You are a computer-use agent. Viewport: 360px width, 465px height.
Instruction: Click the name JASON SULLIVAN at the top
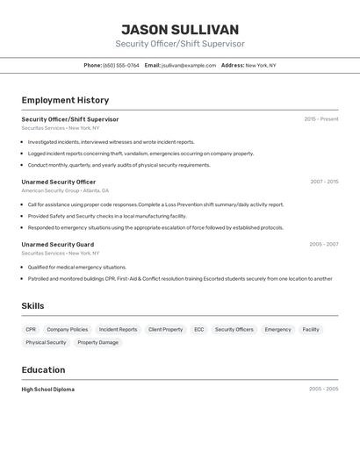tap(180, 30)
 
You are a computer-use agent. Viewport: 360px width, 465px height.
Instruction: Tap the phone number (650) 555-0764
tap(121, 65)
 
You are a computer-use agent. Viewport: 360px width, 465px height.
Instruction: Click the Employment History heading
tap(65, 100)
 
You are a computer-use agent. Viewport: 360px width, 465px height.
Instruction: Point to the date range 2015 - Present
tap(321, 118)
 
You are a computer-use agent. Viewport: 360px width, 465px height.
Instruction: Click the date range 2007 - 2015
tap(324, 182)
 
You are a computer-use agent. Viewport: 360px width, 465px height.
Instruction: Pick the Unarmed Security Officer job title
tap(59, 182)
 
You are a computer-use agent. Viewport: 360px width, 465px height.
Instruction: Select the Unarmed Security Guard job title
tap(58, 244)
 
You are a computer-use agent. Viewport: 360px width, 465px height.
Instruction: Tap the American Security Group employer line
tap(65, 190)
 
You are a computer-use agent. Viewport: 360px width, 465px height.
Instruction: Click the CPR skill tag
tap(31, 329)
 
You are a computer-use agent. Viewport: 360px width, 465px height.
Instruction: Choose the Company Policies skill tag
tap(68, 329)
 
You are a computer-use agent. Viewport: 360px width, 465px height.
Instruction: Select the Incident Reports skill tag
tap(118, 329)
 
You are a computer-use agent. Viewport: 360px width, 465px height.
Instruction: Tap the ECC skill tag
tap(199, 329)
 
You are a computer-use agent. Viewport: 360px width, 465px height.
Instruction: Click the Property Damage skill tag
tap(97, 342)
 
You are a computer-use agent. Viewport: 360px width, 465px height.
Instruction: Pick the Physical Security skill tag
tap(46, 342)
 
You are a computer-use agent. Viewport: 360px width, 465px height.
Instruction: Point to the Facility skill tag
tap(311, 329)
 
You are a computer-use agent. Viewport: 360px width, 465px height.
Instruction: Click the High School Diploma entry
tap(48, 389)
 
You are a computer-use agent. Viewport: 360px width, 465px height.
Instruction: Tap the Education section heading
tap(43, 369)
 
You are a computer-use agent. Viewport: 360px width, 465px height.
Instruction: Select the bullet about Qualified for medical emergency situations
tap(77, 267)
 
